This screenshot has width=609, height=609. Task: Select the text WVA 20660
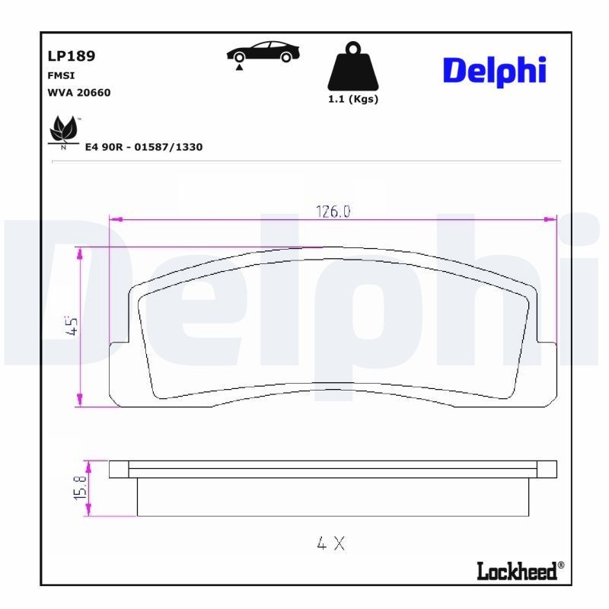78,93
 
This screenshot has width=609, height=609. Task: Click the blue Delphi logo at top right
494,71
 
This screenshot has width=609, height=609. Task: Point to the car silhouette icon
263,52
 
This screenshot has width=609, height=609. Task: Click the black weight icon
352,67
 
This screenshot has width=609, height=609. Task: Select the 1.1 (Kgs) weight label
352,100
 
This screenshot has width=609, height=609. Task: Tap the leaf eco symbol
64,131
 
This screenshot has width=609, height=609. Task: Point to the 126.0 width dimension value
333,212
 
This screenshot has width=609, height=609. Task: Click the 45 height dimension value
73,327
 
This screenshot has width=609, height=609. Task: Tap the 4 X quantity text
331,543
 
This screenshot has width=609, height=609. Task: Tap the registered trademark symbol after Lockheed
561,565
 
